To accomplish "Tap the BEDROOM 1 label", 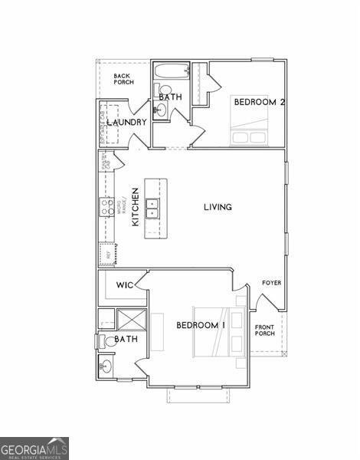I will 201,325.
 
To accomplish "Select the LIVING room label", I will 218,207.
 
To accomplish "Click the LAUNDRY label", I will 127,123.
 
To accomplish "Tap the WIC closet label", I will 125,285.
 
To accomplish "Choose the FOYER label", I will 271,283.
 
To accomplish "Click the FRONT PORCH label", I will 265,330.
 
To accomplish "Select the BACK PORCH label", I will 123,79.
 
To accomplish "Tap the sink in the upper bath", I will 161,110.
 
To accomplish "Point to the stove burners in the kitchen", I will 108,205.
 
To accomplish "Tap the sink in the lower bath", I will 106,366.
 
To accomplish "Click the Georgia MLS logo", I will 34,447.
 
